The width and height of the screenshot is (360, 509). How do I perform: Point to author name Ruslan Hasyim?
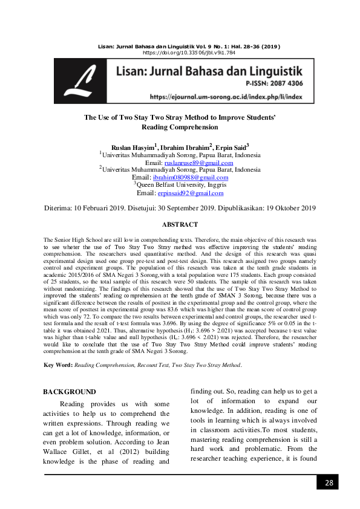coord(132,147)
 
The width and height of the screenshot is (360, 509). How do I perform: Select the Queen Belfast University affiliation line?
coord(180,186)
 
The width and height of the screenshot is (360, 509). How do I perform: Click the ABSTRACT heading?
coord(180,224)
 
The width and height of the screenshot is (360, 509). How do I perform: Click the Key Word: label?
coord(57,365)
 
